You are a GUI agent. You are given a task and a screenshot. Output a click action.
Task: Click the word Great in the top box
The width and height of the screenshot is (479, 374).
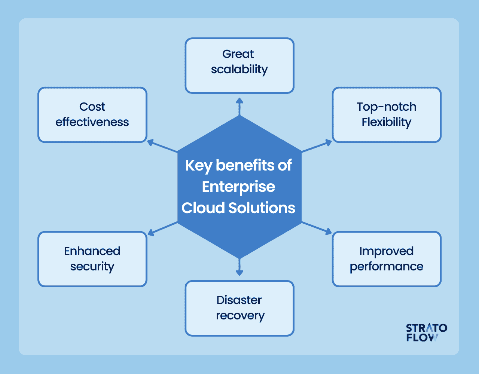point(238,54)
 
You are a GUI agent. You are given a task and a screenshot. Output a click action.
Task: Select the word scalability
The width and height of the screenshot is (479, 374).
point(239,70)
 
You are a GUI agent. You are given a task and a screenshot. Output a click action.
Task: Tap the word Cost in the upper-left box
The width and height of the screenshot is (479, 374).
point(92,107)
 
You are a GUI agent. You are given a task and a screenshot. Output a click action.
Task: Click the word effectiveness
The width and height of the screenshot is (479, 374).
point(92,122)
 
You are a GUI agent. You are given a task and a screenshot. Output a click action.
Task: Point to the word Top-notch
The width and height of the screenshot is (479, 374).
point(386,107)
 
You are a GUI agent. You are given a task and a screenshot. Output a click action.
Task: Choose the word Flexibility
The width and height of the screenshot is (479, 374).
point(386,122)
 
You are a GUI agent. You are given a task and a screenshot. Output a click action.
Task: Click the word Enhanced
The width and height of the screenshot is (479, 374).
point(92,251)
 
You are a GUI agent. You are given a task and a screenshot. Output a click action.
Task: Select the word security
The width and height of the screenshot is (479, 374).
point(92,267)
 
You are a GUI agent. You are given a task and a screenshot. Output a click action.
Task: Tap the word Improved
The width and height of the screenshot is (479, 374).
point(386,251)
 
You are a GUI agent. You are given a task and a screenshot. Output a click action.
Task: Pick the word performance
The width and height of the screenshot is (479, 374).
point(386,267)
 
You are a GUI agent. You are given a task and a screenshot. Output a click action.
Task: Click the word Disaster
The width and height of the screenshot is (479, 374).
point(239,300)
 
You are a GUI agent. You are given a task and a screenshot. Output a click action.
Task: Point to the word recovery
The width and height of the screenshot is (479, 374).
point(240,316)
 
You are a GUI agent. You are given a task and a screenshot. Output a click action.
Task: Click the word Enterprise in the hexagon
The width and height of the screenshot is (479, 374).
point(238,187)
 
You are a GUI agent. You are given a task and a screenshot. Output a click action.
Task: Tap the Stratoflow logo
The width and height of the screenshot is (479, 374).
point(426,332)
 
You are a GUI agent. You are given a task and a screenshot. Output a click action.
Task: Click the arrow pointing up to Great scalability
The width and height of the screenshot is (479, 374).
point(239,106)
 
